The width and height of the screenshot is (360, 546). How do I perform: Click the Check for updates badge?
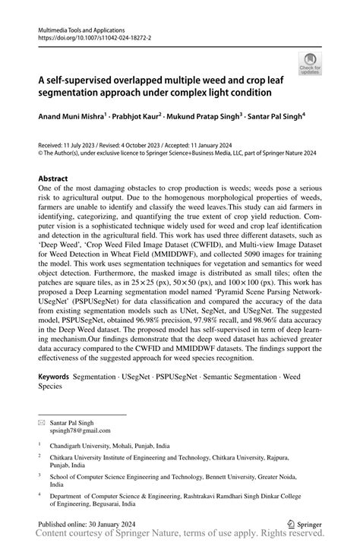coord(310,63)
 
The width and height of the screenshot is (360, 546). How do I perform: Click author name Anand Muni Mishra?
coord(73,118)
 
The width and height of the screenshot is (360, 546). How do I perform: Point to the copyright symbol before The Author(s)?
coord(41,151)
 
